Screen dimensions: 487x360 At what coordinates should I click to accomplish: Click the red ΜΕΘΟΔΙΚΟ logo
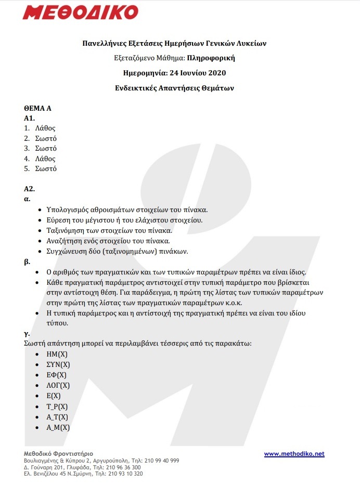coord(80,12)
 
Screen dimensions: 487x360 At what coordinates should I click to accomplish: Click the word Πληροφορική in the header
coord(208,58)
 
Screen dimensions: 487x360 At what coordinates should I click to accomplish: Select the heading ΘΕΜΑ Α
coord(38,109)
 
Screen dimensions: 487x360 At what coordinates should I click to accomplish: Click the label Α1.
coord(30,119)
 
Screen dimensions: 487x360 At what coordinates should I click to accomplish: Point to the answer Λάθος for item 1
coord(45,128)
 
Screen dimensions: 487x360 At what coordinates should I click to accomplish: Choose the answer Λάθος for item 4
coord(45,159)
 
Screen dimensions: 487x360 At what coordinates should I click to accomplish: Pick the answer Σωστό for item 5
coord(46,169)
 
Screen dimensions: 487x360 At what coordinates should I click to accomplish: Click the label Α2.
coord(30,189)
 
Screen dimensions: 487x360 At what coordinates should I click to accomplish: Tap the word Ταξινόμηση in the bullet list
coord(66,230)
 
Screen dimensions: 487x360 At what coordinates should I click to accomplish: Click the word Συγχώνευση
coord(66,251)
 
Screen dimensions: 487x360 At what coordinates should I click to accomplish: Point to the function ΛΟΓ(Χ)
coord(58,385)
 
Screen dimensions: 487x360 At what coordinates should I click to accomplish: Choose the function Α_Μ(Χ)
coord(58,427)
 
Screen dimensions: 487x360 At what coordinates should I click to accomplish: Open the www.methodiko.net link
coord(294,454)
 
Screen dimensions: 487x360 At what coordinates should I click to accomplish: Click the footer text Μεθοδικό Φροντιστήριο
coord(58,454)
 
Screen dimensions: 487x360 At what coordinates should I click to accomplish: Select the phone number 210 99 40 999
coord(162,460)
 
